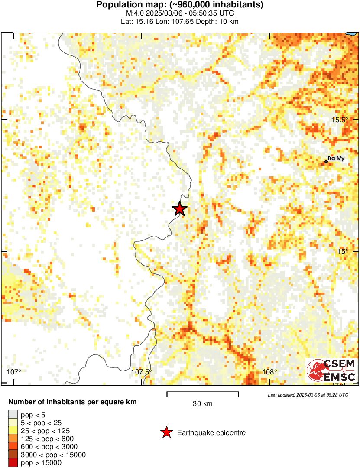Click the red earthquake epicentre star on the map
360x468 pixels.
[179, 209]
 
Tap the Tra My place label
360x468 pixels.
[336, 159]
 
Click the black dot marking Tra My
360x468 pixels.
[326, 162]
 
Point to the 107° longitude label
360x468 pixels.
[14, 372]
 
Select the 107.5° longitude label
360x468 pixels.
[142, 372]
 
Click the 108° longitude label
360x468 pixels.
[269, 372]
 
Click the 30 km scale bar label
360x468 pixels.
[202, 404]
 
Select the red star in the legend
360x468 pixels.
[166, 432]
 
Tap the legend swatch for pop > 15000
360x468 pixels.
[13, 462]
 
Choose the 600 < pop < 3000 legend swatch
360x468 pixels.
[13, 447]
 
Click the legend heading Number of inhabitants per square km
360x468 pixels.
[72, 402]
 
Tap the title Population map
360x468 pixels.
[179, 5]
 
